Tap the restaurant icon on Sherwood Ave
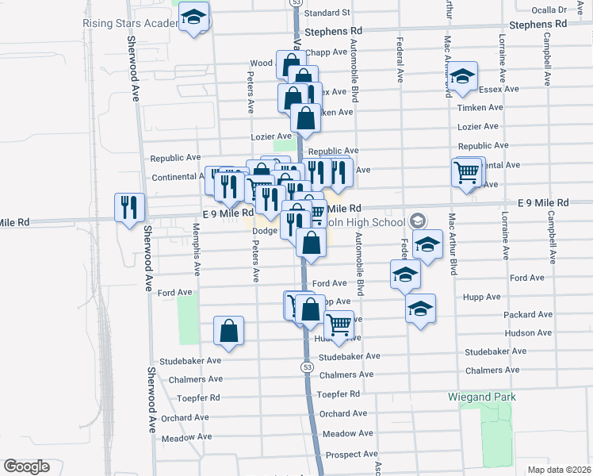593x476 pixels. tap(129, 209)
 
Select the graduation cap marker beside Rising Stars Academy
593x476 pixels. tap(193, 19)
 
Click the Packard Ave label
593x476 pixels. tap(527, 315)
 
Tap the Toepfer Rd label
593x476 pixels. tap(339, 394)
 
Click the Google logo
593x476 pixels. tap(26, 466)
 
